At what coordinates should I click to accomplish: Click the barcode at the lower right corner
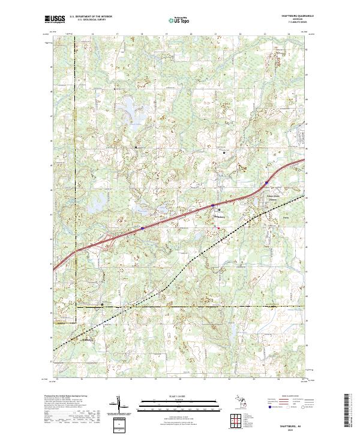point(347,414)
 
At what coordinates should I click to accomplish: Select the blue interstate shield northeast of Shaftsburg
point(266,184)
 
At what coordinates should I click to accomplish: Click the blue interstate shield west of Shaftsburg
point(142,228)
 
